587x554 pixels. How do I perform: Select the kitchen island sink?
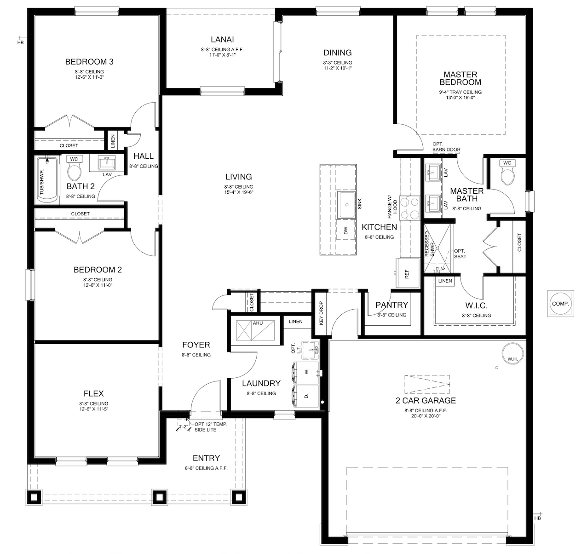coord(346,205)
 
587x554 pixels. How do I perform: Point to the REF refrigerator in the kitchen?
coord(408,273)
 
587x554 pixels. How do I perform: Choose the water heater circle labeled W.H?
coord(512,353)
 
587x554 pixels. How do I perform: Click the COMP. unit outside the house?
coord(560,304)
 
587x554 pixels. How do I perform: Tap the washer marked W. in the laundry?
coord(306,372)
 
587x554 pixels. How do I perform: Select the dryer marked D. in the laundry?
coord(306,396)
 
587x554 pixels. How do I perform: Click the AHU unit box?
coord(255,330)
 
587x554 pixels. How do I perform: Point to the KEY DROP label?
coord(321,313)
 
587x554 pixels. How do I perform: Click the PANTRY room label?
coord(391,305)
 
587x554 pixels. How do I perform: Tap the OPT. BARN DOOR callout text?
coord(446,147)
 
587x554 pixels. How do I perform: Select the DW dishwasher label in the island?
coord(346,231)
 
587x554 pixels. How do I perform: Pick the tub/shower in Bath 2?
coord(47,180)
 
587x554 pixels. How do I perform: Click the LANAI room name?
coord(222,39)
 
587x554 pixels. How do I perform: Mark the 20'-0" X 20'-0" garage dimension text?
coord(426,416)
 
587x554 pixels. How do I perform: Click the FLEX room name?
coord(94,393)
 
